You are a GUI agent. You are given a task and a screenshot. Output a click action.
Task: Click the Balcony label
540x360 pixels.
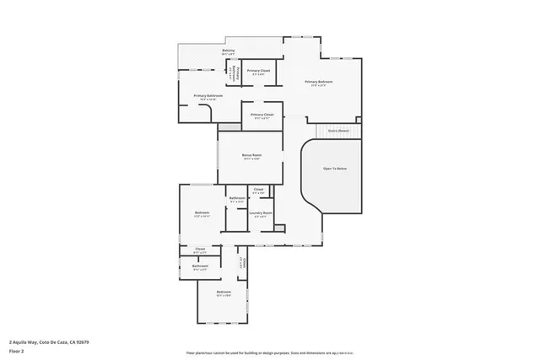pyautogui.click(x=228, y=51)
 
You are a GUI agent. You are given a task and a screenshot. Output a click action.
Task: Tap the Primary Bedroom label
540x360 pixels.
pyautogui.click(x=319, y=82)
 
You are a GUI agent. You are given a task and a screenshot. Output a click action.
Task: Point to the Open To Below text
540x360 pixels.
pyautogui.click(x=335, y=169)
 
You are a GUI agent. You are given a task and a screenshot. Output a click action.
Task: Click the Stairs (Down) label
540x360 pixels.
pyautogui.click(x=339, y=131)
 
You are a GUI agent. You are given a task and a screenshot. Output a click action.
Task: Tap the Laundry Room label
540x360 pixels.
pyautogui.click(x=261, y=212)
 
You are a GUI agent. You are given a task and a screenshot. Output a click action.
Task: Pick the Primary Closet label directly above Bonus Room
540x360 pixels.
pyautogui.click(x=262, y=114)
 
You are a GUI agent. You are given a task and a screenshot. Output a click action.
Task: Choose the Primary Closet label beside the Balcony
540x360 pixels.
pyautogui.click(x=259, y=70)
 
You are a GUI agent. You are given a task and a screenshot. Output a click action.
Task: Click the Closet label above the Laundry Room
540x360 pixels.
pyautogui.click(x=258, y=189)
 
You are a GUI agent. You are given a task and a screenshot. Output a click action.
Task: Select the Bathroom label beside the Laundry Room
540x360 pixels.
pyautogui.click(x=237, y=198)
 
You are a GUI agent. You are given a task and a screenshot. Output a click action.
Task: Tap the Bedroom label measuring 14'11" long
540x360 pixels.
pyautogui.click(x=202, y=212)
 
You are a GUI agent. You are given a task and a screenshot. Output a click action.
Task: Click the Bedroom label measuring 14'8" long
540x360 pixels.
pyautogui.click(x=224, y=292)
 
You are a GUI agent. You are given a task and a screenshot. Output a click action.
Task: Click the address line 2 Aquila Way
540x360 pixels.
pyautogui.click(x=25, y=341)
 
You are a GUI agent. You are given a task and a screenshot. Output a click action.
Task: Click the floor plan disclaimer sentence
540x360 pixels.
pyautogui.click(x=270, y=352)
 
